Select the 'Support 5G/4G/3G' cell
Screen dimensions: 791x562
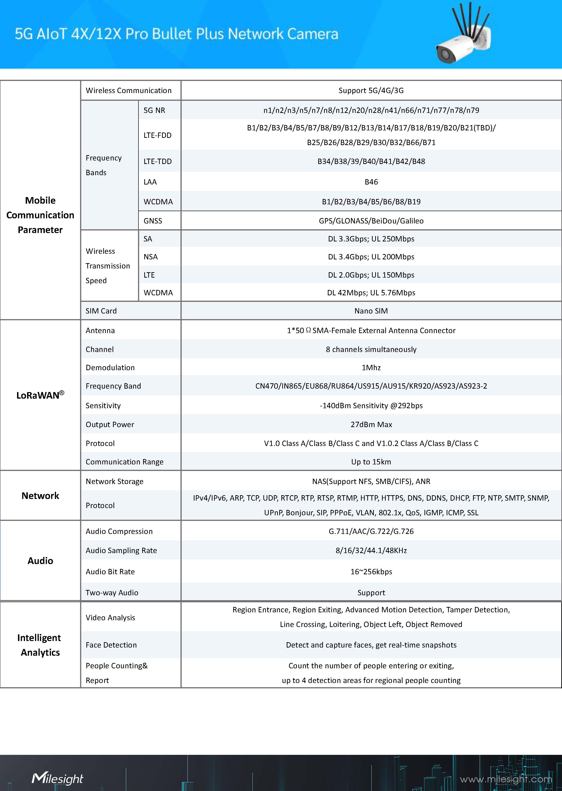click(x=371, y=91)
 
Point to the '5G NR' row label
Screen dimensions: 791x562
click(x=154, y=110)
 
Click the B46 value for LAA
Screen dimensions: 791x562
click(x=371, y=182)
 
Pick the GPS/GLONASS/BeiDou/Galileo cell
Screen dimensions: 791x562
click(x=371, y=221)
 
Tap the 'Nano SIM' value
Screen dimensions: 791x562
click(x=371, y=311)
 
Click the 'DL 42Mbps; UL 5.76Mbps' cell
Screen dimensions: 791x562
click(x=371, y=293)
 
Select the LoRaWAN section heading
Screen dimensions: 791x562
click(x=40, y=395)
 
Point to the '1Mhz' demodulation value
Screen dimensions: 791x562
click(x=371, y=367)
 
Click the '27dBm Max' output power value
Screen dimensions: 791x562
click(x=371, y=425)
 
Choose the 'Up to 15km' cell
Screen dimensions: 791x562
click(x=371, y=462)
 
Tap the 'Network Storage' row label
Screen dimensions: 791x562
click(x=115, y=481)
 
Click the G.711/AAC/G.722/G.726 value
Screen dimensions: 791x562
click(x=371, y=531)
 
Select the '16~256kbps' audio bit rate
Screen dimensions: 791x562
click(x=371, y=572)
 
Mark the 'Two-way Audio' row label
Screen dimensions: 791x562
click(x=112, y=592)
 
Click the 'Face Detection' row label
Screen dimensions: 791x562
click(x=111, y=645)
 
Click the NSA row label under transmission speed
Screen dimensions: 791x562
click(x=151, y=257)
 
